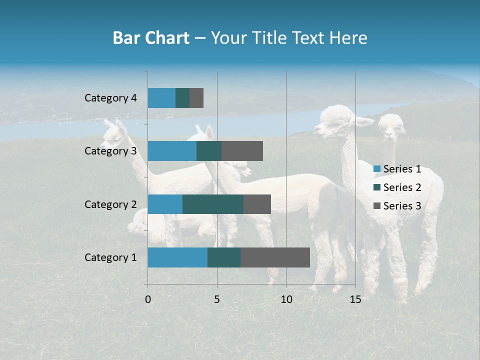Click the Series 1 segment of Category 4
tap(161, 98)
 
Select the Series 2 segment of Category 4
tap(182, 98)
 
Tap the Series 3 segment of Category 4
tap(196, 98)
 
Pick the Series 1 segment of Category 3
tap(172, 151)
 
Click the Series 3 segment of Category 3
tap(242, 151)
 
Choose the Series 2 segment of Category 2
tap(213, 204)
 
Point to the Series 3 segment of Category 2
tap(257, 204)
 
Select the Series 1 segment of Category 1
tap(177, 257)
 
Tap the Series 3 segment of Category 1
tap(275, 257)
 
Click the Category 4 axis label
tap(110, 98)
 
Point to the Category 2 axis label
tap(110, 204)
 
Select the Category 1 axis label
tap(110, 257)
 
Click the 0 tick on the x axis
tap(148, 299)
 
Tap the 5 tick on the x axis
tap(217, 299)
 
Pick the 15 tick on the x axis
tap(355, 299)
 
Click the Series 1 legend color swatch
tap(376, 169)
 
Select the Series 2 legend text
tap(402, 187)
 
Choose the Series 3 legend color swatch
tap(376, 206)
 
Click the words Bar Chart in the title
tap(151, 38)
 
